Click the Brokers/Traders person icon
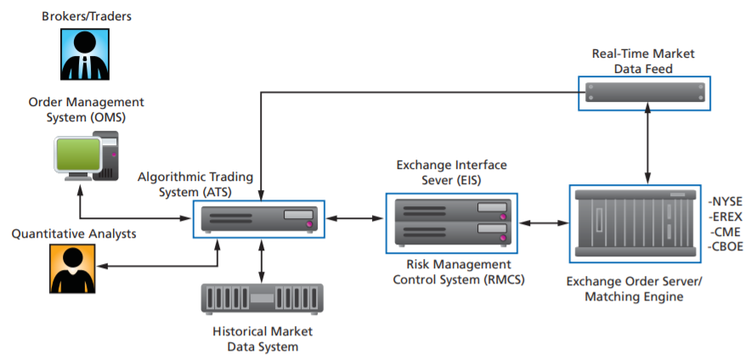(86, 54)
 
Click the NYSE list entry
(725, 201)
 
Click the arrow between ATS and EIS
(354, 220)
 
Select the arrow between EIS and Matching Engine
(544, 223)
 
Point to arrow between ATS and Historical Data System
(262, 260)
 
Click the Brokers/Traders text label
(86, 16)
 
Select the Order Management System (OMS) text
(86, 110)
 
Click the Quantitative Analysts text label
(74, 233)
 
